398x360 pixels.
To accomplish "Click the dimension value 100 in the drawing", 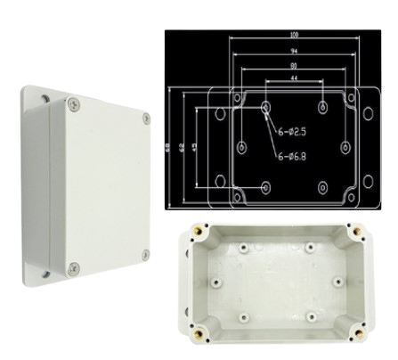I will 293,35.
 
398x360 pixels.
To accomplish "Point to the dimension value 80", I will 293,65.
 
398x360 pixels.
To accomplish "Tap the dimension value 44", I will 293,79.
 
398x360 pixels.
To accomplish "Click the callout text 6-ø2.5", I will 293,132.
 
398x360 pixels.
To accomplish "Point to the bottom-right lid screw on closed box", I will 142,257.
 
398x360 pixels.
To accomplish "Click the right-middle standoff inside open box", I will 337,282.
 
